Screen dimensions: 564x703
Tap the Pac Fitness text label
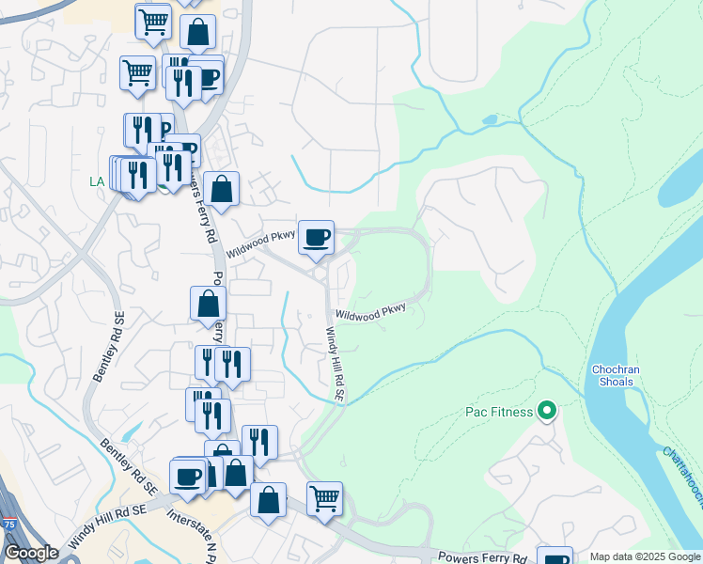(x=499, y=412)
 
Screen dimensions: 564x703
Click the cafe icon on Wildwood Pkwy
(x=317, y=237)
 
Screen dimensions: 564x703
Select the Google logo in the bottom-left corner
(x=31, y=553)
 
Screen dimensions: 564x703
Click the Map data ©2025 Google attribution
(x=645, y=556)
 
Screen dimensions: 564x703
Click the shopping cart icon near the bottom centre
(x=324, y=498)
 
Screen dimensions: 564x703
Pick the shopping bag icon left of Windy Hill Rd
(x=208, y=304)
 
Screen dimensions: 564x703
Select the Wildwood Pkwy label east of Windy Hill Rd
(x=370, y=313)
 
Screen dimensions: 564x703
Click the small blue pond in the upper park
(x=489, y=120)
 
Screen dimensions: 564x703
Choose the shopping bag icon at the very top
(x=198, y=34)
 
